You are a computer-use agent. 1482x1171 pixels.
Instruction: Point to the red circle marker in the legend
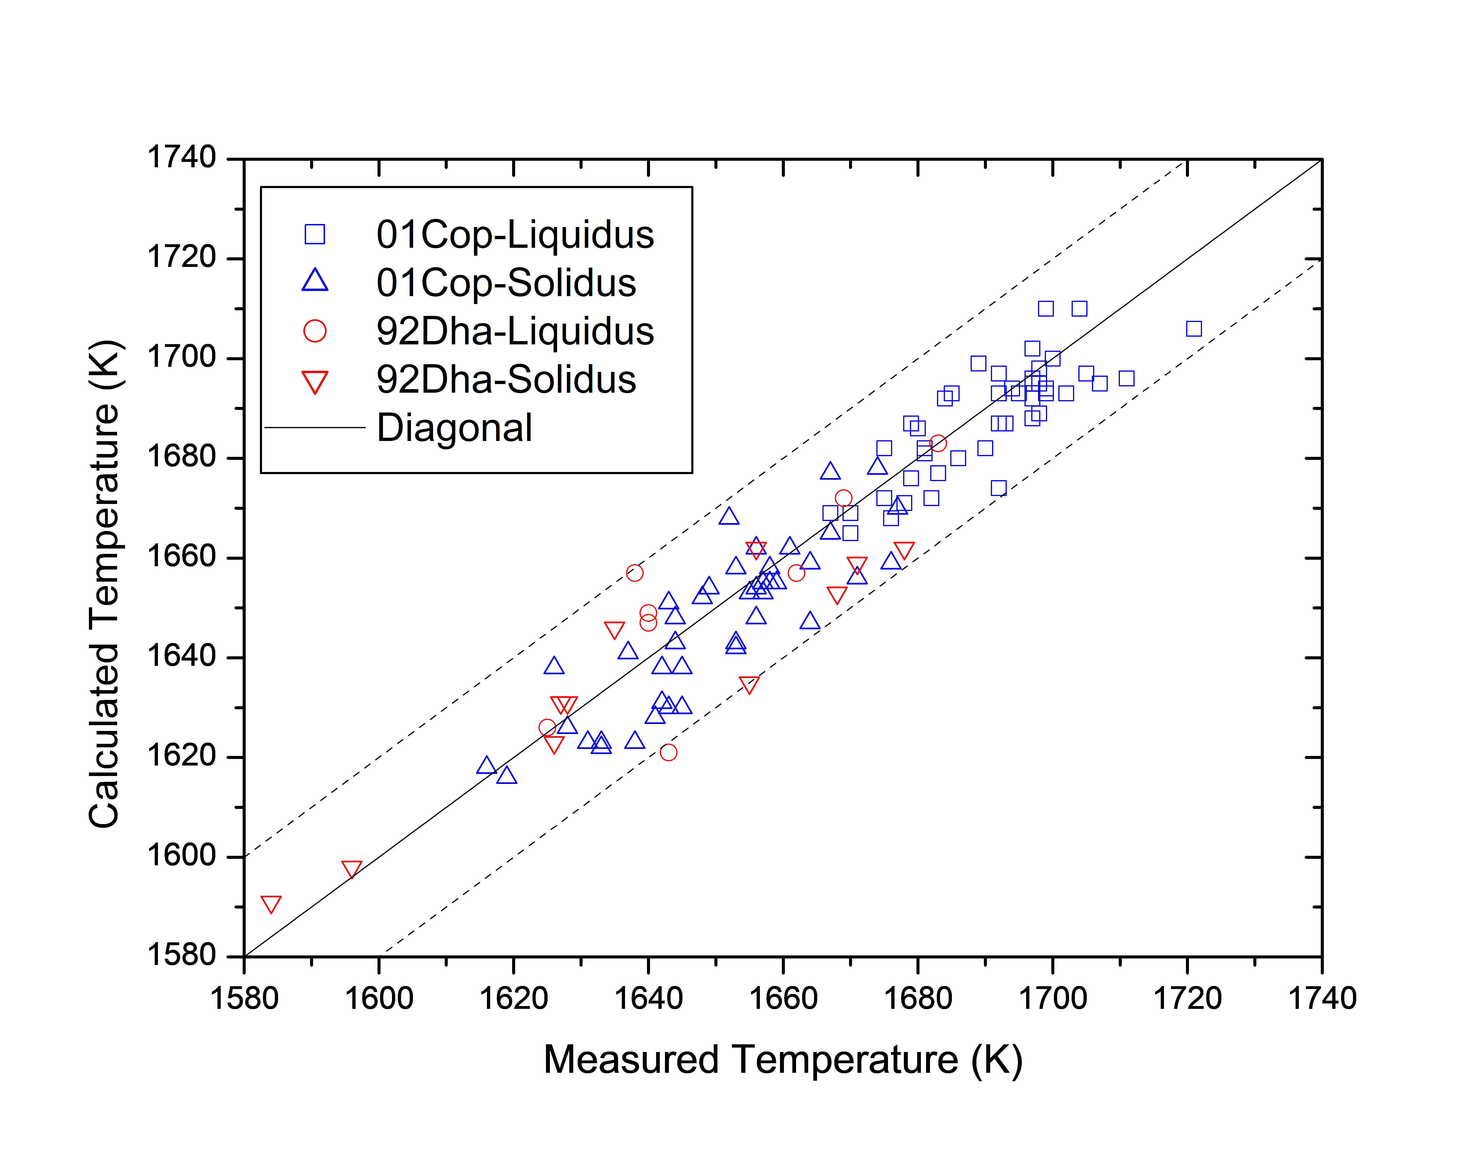click(x=315, y=331)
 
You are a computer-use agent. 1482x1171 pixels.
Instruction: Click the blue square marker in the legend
click(x=315, y=234)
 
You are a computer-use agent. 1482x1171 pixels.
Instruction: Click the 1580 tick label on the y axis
click(x=182, y=955)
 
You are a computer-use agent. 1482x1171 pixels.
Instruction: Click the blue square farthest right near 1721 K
click(x=1193, y=329)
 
